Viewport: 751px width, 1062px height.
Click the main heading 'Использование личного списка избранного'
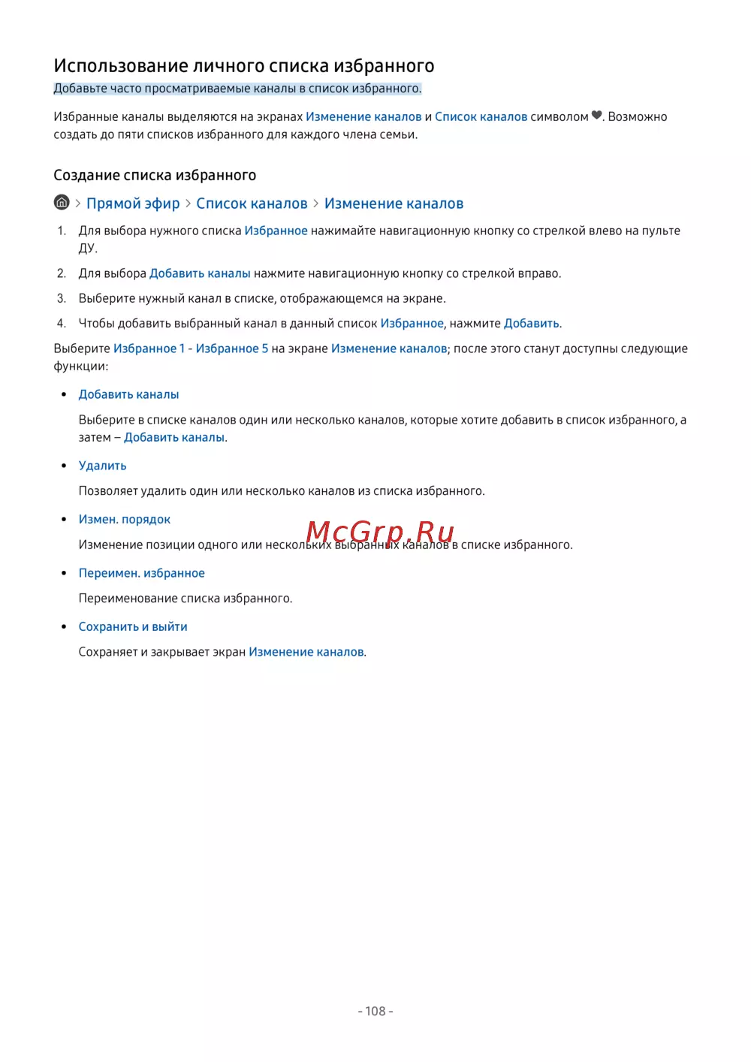click(243, 66)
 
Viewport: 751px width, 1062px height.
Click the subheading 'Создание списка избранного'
click(155, 175)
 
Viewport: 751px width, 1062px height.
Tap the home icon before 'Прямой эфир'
click(62, 203)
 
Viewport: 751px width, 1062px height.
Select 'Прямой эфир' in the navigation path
click(133, 204)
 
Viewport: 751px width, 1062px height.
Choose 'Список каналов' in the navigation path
click(252, 204)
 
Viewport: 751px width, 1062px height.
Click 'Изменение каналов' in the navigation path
click(394, 204)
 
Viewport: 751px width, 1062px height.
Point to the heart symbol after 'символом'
click(596, 116)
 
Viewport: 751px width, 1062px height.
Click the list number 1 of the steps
click(62, 231)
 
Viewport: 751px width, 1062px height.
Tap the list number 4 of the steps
click(62, 323)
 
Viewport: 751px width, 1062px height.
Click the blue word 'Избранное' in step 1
click(276, 231)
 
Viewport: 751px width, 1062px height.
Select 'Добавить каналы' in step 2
click(200, 273)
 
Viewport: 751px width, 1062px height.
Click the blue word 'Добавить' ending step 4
click(532, 323)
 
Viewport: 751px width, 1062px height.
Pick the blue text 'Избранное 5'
click(232, 348)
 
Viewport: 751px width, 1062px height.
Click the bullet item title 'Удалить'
click(102, 466)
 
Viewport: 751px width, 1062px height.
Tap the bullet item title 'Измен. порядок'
click(125, 519)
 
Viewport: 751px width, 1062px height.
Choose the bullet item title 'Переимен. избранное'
click(141, 573)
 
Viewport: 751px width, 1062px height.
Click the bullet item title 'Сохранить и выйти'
click(133, 626)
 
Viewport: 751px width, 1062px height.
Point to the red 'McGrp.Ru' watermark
click(380, 532)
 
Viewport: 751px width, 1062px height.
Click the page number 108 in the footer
click(375, 1011)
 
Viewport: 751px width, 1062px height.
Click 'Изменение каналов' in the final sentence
click(306, 652)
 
